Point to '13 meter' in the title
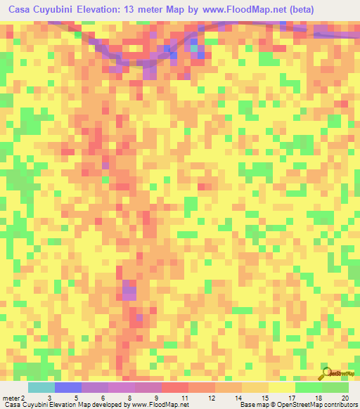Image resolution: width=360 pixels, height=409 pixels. point(140,10)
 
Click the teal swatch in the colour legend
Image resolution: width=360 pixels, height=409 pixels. point(41,387)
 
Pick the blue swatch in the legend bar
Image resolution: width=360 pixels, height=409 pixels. point(67,387)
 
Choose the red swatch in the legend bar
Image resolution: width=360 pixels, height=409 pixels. point(174,387)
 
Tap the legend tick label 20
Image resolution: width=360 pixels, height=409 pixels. point(344,398)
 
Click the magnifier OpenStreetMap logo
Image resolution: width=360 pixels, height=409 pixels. point(326,373)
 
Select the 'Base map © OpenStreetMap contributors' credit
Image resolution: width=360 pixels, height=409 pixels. point(297,405)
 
